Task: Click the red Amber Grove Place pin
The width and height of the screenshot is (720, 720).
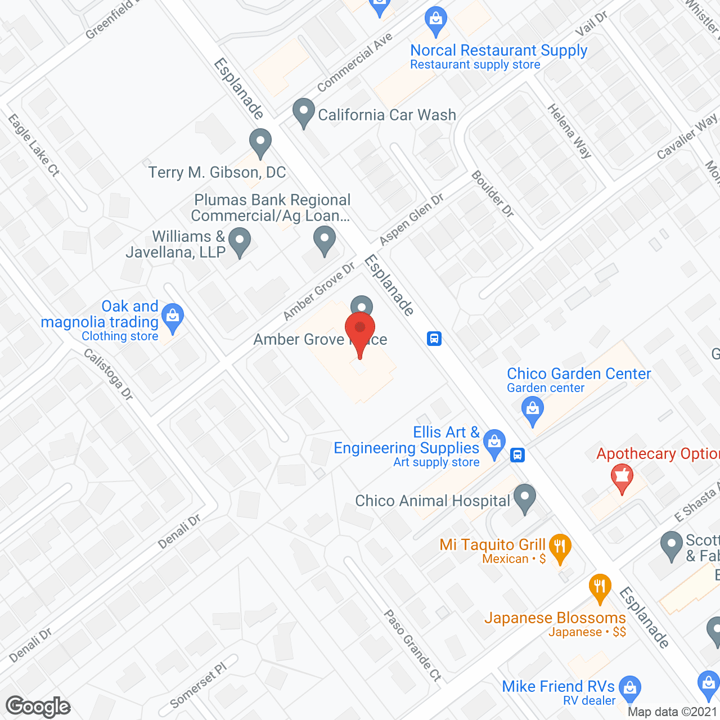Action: tap(360, 328)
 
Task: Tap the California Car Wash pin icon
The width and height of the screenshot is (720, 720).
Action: tap(304, 112)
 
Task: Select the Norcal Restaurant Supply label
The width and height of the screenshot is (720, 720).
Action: tap(498, 51)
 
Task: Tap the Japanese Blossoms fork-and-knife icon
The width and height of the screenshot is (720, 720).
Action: tap(600, 587)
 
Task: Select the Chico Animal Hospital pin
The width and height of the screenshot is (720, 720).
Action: tap(525, 498)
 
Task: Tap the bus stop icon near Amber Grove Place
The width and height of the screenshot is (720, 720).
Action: tap(434, 339)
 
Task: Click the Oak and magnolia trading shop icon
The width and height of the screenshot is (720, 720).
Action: tap(173, 318)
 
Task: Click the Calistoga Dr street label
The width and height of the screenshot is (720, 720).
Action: tap(108, 374)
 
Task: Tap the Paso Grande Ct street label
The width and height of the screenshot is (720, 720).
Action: tap(412, 646)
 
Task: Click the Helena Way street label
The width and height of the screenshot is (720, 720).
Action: tap(569, 131)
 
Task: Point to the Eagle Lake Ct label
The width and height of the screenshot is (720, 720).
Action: tap(34, 145)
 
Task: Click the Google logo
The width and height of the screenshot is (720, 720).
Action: tap(38, 706)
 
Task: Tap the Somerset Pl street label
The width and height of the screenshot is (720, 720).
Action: tap(198, 685)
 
